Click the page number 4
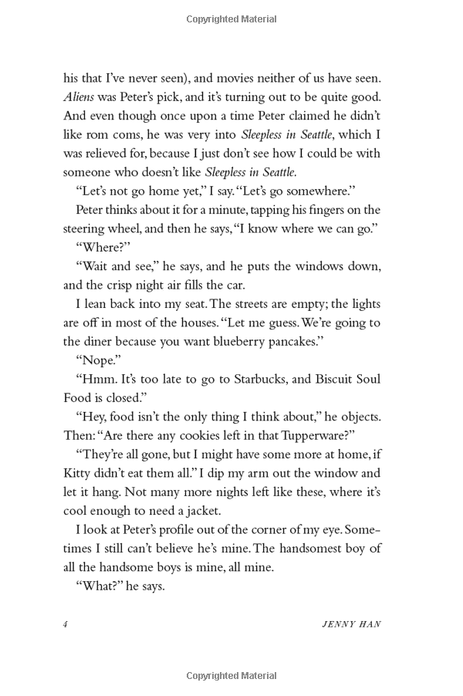coord(66,623)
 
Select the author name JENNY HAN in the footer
coord(350,623)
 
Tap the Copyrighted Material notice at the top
coord(231,17)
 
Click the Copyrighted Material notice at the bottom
coord(231,676)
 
